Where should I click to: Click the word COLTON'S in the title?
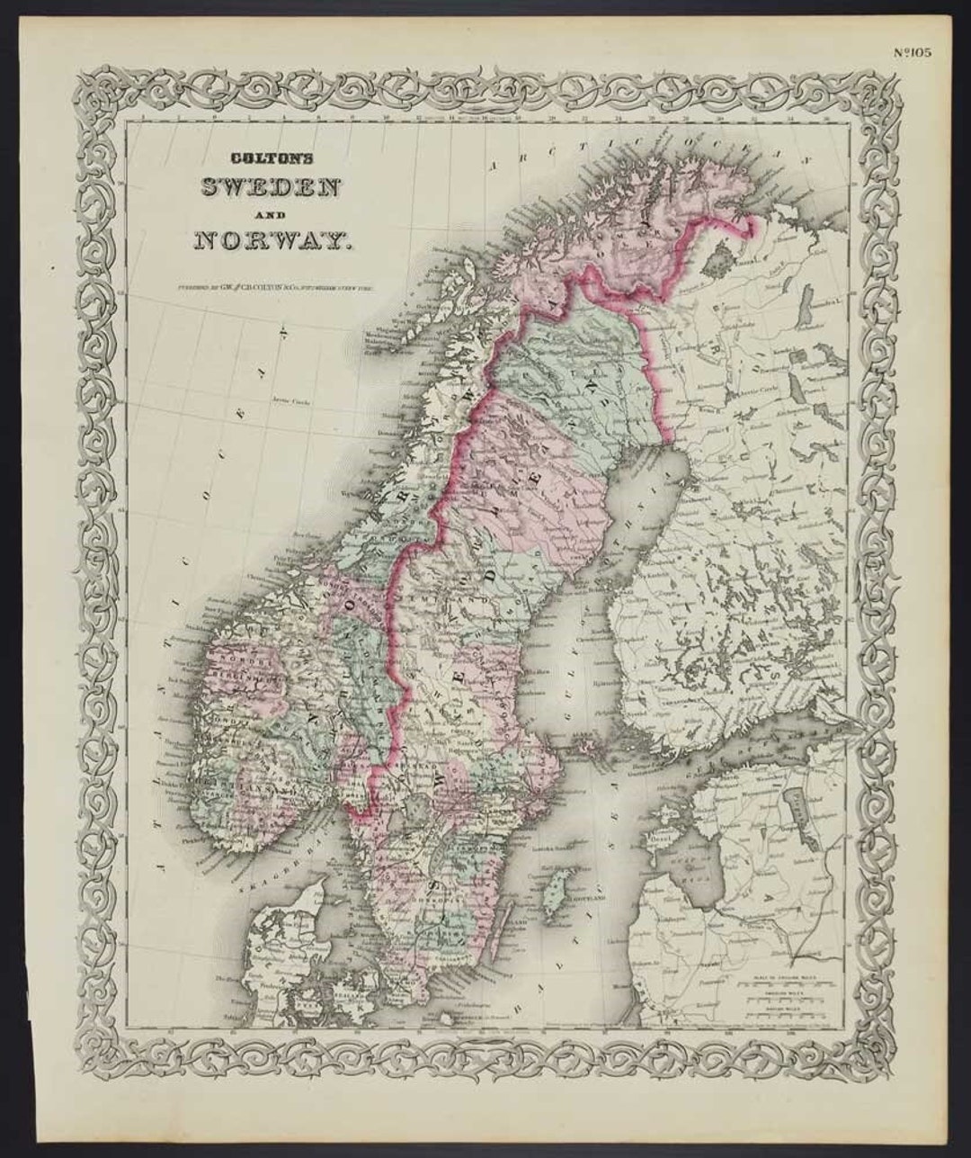coord(271,157)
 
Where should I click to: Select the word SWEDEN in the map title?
coord(271,188)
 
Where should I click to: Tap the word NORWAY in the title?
coord(271,240)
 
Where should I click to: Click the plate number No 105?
coord(913,51)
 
